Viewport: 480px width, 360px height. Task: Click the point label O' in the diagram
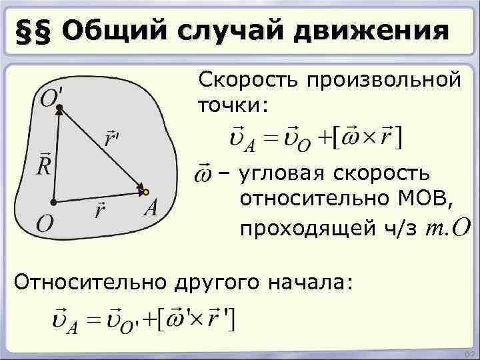coord(50,98)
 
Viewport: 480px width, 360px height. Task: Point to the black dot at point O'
coord(59,107)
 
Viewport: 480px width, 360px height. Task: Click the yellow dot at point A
coord(145,193)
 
